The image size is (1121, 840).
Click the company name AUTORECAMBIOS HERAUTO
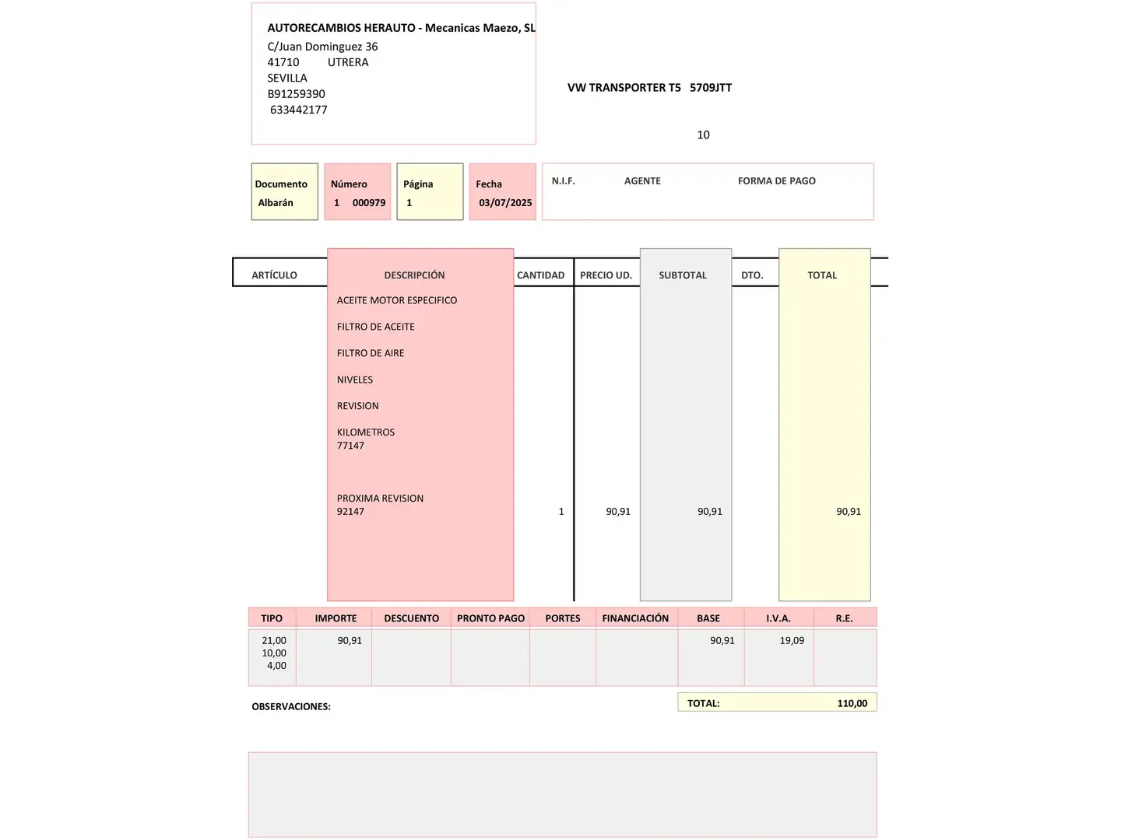(x=341, y=28)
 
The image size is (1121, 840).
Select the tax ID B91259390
(x=296, y=94)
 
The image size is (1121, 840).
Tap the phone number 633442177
(x=298, y=110)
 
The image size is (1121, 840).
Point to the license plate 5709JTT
(x=710, y=88)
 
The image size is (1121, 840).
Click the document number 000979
(x=368, y=203)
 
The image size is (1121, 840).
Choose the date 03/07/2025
(x=505, y=203)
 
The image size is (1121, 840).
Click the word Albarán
(x=276, y=203)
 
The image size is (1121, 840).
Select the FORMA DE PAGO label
(x=776, y=181)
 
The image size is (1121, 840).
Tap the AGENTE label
(x=642, y=181)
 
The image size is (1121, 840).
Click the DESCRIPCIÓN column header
(x=414, y=275)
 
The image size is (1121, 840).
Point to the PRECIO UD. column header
(x=606, y=275)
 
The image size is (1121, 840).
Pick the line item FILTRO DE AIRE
(x=371, y=353)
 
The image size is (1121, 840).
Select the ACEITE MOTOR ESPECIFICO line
(x=397, y=300)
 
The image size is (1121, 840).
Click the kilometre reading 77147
(x=350, y=446)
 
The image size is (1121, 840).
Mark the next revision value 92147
(x=350, y=512)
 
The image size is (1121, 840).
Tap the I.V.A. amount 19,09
(x=792, y=641)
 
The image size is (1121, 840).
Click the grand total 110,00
(x=852, y=703)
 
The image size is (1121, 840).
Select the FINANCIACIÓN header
(x=635, y=618)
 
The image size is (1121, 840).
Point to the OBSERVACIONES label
(x=291, y=707)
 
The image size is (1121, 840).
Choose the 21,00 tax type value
(x=274, y=641)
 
